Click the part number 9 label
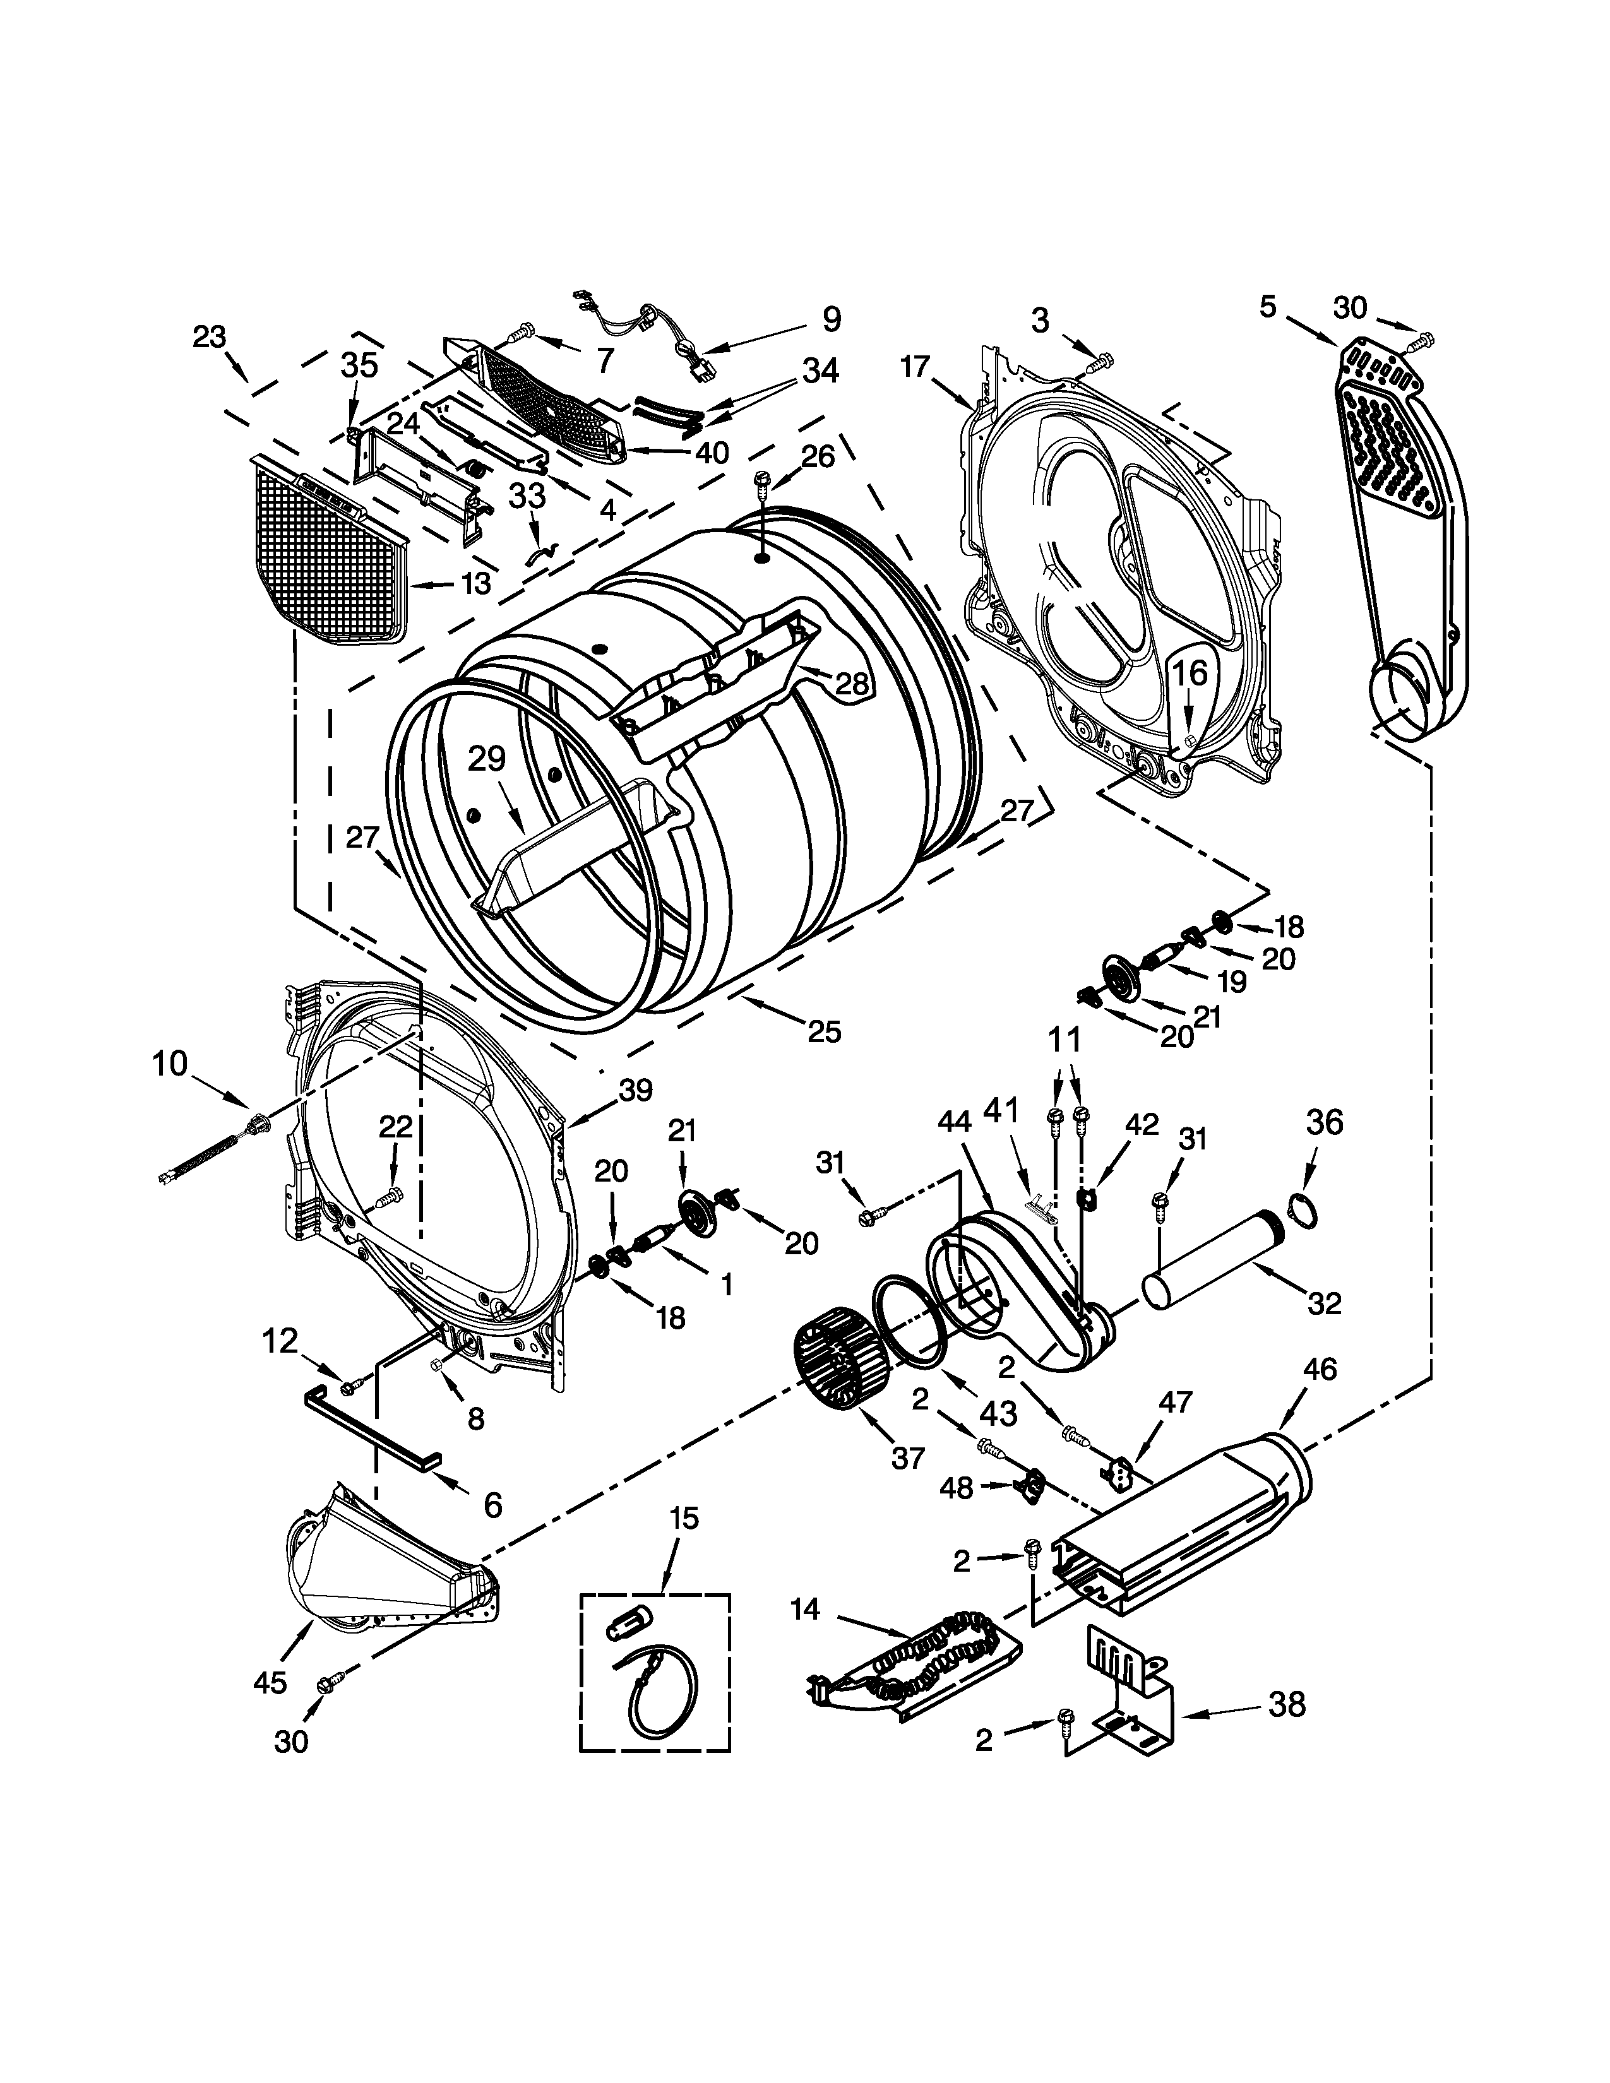click(x=831, y=319)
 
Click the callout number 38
click(x=1287, y=1704)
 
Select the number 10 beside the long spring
click(x=170, y=1064)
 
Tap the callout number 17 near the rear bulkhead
click(x=914, y=366)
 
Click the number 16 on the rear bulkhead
click(x=1190, y=674)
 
